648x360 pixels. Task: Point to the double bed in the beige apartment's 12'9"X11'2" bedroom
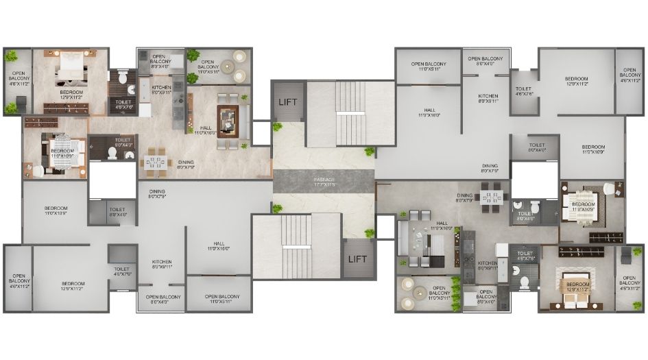[71, 69]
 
